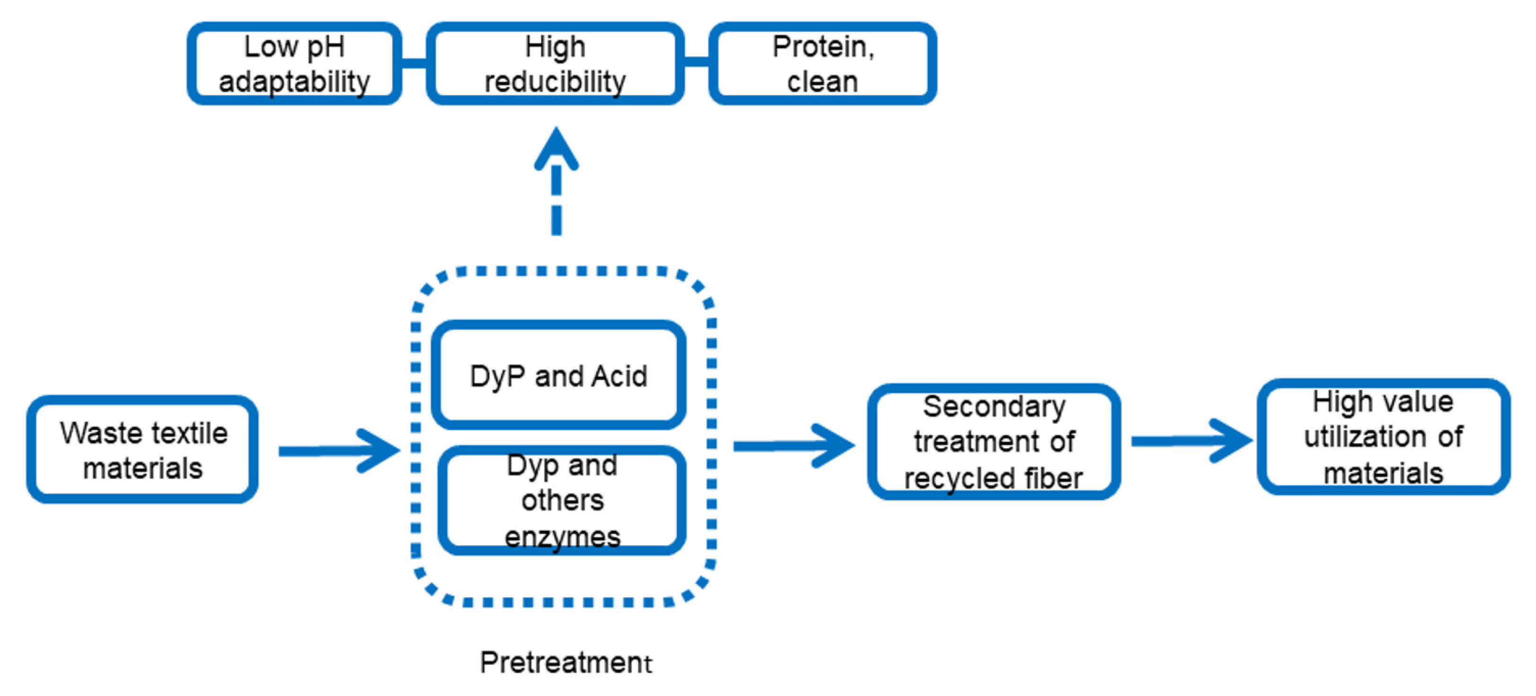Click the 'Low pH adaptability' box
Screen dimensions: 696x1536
tap(294, 64)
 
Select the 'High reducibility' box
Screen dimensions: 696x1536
tap(555, 64)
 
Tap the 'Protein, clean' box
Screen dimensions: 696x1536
tap(822, 64)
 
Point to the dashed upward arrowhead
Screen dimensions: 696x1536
tap(556, 149)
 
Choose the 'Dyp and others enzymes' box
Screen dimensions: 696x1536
tap(562, 500)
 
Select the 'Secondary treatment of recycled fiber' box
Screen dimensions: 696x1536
tap(994, 441)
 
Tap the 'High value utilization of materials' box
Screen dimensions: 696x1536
tap(1383, 436)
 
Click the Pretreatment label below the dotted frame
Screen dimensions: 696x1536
tap(565, 662)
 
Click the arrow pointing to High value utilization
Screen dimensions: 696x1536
tap(1189, 441)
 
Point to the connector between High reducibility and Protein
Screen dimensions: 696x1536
tap(696, 62)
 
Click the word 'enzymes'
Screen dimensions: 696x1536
tap(562, 537)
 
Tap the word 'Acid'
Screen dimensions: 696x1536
tap(620, 376)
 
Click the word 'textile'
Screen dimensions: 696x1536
tap(190, 433)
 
